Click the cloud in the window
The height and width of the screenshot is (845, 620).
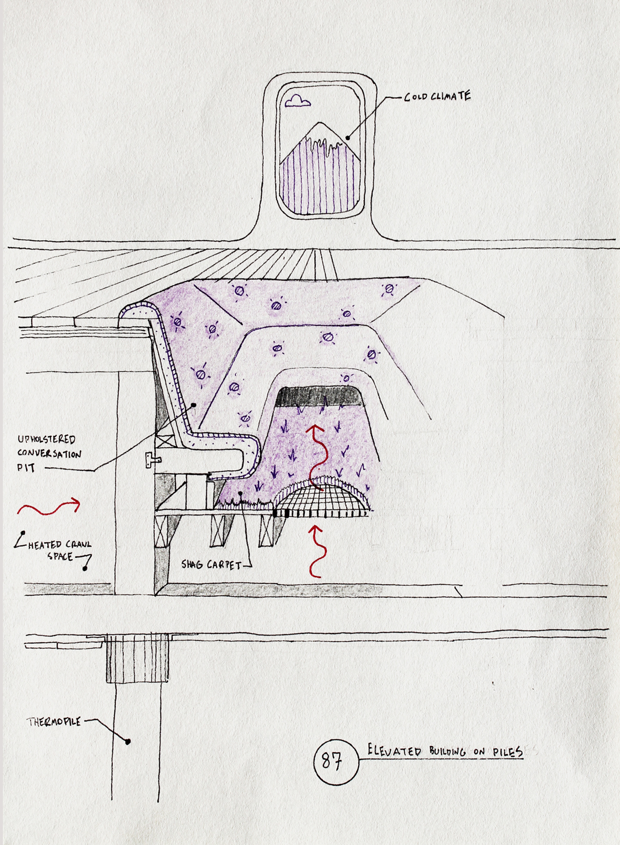[298, 101]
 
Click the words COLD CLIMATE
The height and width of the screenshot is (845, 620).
[438, 97]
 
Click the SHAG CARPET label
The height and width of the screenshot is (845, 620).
[211, 565]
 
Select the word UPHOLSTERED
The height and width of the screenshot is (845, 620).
[47, 440]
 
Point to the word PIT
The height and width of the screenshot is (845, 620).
[27, 468]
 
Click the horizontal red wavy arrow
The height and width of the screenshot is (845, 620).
[49, 507]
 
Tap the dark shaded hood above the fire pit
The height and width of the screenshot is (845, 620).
[320, 396]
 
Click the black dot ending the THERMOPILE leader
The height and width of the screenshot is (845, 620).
[128, 742]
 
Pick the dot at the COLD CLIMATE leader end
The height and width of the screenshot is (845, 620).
[348, 138]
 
